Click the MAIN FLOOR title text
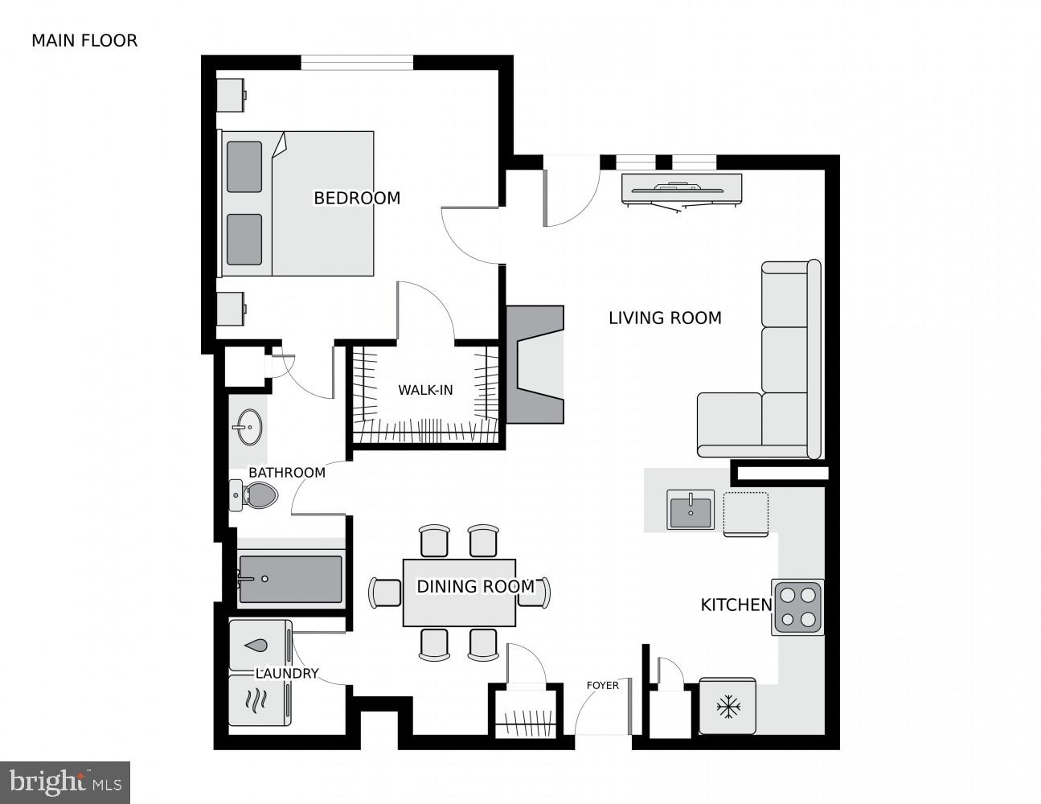84,40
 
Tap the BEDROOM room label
356,198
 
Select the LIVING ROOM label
664,318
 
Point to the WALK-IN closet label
425,391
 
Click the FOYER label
602,685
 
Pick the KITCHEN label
736,605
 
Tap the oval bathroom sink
248,426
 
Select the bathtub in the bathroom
290,578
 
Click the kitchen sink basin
690,510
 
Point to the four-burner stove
797,607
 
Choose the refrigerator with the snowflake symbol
727,707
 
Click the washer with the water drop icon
259,644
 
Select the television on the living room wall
682,190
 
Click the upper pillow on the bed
244,166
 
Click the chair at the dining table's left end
385,593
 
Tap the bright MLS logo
64,781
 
